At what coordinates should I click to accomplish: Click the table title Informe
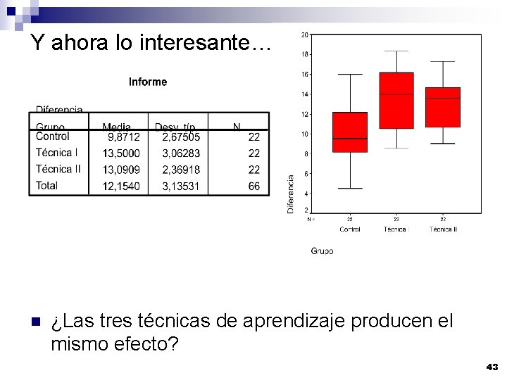pos(148,82)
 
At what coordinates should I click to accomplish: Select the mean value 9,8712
pos(123,137)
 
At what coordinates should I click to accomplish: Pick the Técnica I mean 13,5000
pos(121,153)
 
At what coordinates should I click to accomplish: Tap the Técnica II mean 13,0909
pos(121,170)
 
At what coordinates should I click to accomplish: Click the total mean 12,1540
pos(121,186)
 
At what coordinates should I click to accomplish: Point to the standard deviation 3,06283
pos(181,153)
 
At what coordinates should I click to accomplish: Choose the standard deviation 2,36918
pos(181,170)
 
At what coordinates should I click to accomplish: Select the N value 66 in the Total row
pos(254,186)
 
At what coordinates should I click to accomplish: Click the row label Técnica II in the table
pos(58,169)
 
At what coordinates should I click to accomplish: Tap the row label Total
pos(48,186)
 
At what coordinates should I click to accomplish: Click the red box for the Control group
pos(350,132)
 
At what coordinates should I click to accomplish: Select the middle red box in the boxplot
pos(396,100)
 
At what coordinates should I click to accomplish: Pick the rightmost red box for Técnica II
pos(443,107)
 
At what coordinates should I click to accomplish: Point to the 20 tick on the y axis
pos(304,34)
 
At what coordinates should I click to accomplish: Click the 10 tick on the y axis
pos(304,134)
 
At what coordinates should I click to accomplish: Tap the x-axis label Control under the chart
pos(350,229)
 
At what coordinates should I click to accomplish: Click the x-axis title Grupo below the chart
pos(322,251)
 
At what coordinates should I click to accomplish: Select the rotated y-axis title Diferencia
pos(290,194)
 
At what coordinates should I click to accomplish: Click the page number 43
pos(492,367)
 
